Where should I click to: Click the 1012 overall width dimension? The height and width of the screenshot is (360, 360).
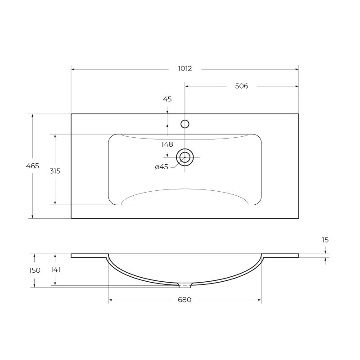[x=184, y=69]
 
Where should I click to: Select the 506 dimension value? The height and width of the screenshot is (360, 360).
[x=242, y=86]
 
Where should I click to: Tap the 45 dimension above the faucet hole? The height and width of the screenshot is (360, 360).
[x=167, y=99]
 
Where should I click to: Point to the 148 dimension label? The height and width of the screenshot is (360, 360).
[x=167, y=144]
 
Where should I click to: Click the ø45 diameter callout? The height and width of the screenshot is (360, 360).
[x=161, y=167]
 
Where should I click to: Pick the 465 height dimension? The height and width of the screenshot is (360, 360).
[x=32, y=166]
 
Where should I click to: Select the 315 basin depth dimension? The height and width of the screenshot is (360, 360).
[x=55, y=171]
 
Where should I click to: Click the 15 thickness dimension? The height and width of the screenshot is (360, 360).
[x=325, y=240]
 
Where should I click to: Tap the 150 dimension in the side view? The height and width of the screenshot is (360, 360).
[x=35, y=270]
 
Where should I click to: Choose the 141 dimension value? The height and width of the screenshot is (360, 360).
[x=55, y=270]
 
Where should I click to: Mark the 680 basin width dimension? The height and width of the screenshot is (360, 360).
[x=184, y=300]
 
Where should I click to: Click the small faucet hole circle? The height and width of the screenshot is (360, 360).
[x=184, y=124]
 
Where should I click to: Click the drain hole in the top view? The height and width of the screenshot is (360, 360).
[x=184, y=157]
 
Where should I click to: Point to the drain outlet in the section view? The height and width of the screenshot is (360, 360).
[x=184, y=285]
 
